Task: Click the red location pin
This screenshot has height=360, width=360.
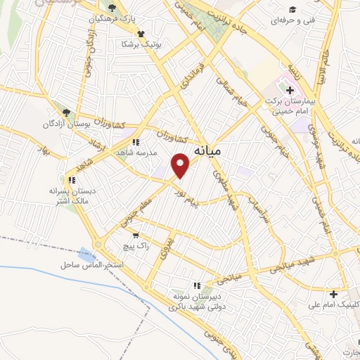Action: click(x=181, y=165)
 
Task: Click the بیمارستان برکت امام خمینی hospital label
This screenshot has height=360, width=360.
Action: click(x=289, y=106)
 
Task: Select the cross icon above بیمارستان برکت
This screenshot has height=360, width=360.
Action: click(x=290, y=90)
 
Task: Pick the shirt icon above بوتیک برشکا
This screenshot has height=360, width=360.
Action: click(x=141, y=33)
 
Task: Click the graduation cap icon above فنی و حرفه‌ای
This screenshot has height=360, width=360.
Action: click(x=290, y=9)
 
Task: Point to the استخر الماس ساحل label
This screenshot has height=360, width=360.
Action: click(x=91, y=265)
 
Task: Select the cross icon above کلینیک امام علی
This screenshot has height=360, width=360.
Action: click(x=333, y=293)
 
